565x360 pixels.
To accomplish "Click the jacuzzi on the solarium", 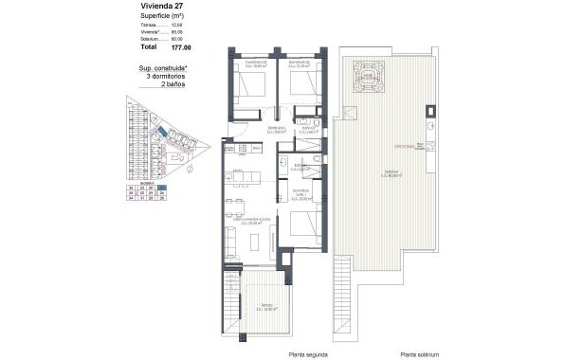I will (366, 77).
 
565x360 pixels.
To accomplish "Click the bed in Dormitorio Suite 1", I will (302, 226).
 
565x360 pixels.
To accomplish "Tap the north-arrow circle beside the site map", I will (190, 171).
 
